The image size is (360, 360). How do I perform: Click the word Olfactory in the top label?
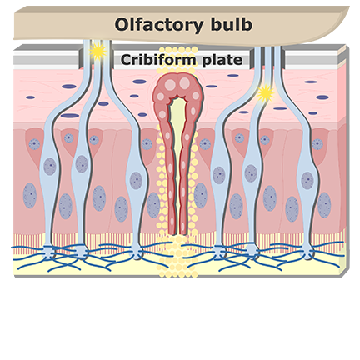(159, 25)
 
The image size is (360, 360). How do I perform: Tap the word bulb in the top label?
(231, 24)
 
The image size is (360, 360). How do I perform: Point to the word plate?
(222, 60)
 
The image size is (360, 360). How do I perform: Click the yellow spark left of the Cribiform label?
(97, 52)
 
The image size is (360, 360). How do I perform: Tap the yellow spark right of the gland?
(265, 93)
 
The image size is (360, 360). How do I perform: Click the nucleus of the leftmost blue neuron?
(50, 167)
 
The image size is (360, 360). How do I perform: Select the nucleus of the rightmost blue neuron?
(307, 181)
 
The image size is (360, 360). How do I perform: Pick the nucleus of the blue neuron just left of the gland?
(136, 181)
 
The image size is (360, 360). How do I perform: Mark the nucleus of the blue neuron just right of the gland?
(219, 175)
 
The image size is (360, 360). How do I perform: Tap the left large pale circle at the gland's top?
(170, 85)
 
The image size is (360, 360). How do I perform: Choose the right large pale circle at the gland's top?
(184, 83)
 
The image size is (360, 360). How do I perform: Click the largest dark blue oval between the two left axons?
(70, 116)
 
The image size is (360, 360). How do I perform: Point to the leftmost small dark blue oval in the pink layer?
(30, 97)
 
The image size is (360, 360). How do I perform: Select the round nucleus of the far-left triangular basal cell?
(34, 144)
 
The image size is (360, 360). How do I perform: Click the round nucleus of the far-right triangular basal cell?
(317, 144)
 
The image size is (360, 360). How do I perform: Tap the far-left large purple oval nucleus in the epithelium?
(30, 196)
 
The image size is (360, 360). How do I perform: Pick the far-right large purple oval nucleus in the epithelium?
(324, 205)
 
